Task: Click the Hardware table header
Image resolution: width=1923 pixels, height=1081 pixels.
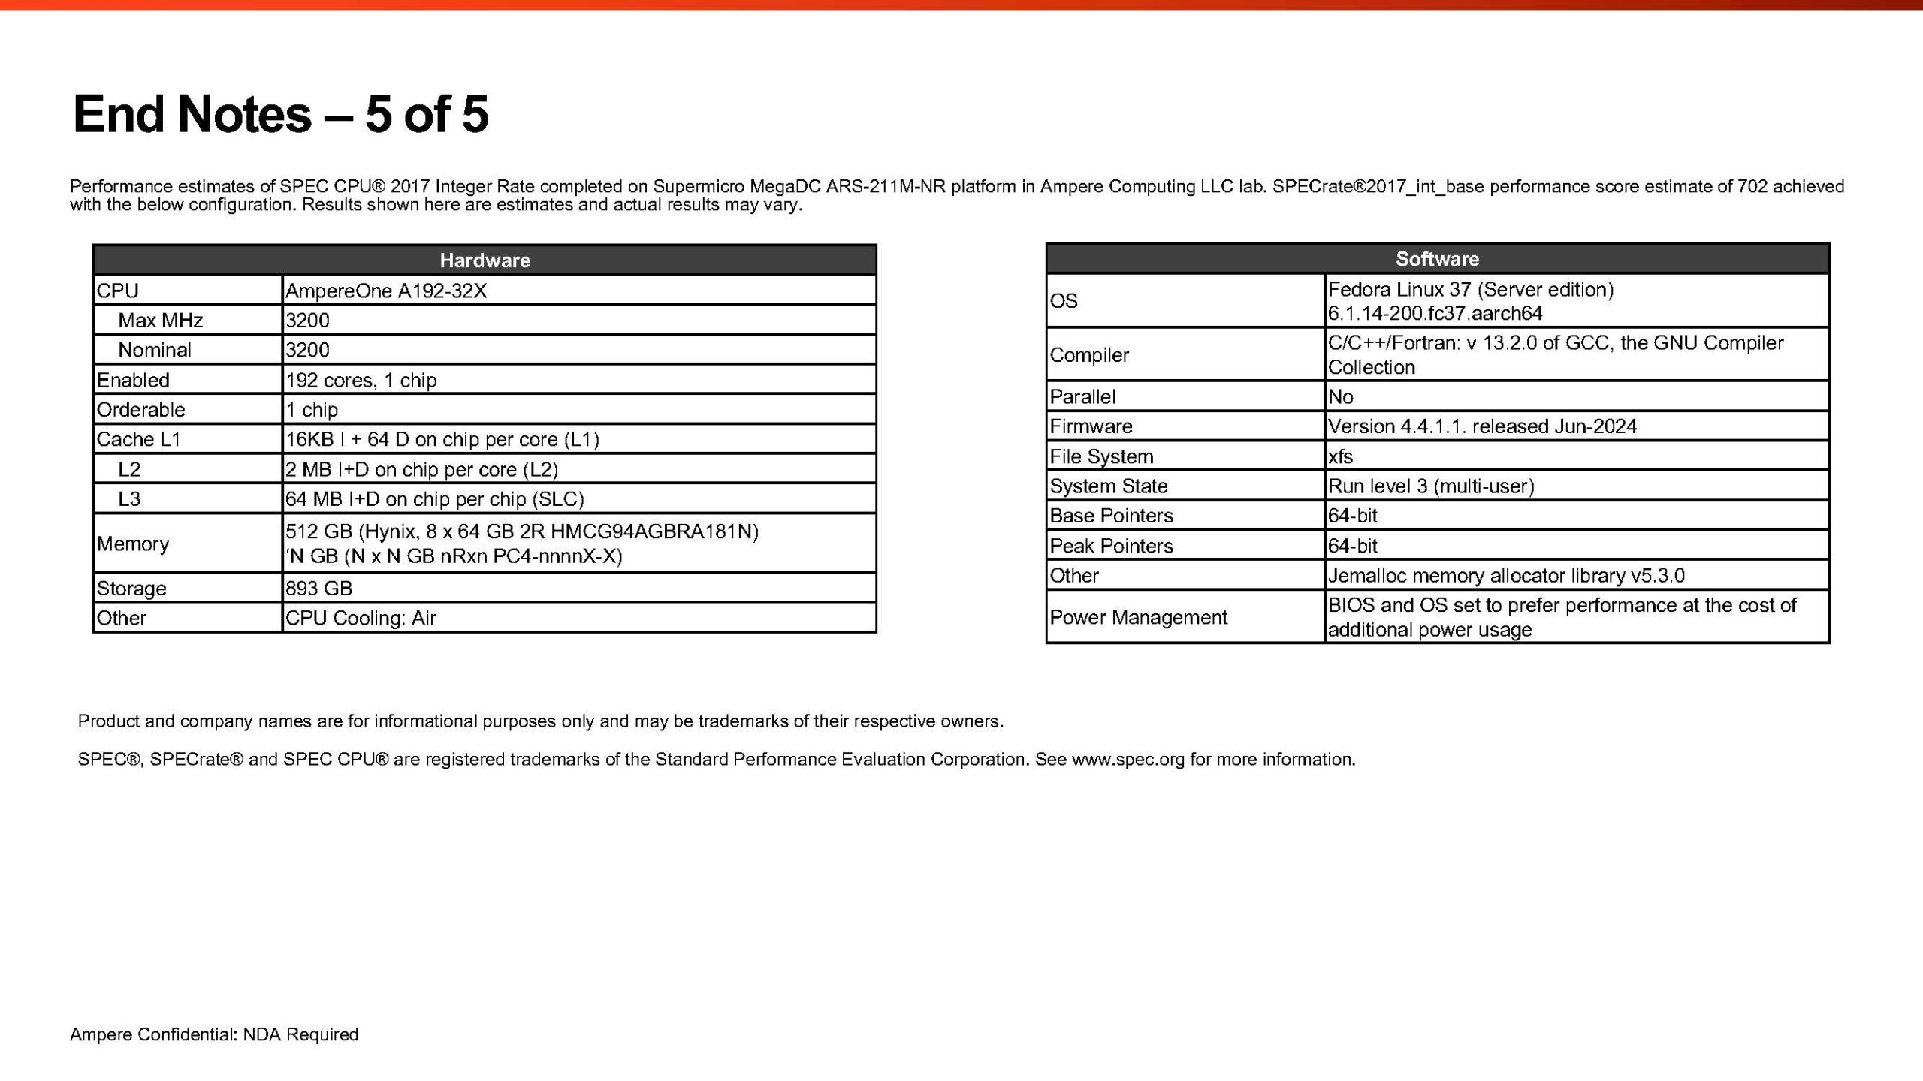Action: point(485,260)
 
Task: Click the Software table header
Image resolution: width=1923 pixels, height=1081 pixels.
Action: point(1437,259)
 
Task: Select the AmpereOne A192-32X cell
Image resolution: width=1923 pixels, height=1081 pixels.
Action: point(386,291)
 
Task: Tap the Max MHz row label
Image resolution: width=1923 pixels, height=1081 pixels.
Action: point(160,321)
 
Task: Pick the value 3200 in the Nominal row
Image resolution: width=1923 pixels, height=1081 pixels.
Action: point(307,350)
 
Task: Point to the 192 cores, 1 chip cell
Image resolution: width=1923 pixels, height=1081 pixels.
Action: point(361,380)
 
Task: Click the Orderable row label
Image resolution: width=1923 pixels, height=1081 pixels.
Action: point(140,410)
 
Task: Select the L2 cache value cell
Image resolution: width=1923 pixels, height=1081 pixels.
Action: point(421,469)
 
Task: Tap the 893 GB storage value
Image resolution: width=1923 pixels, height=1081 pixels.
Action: point(318,588)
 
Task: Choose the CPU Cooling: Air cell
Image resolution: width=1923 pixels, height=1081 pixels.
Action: point(361,618)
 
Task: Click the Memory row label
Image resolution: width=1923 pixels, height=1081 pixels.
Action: point(133,544)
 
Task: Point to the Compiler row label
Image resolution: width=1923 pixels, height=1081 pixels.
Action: point(1088,355)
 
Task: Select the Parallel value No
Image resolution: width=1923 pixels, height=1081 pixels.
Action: point(1340,396)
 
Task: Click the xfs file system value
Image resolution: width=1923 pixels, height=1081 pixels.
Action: point(1340,456)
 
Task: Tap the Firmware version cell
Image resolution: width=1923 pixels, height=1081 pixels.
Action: point(1481,426)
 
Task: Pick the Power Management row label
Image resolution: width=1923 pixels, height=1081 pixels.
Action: point(1137,617)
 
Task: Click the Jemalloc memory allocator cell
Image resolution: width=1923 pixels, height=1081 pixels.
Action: point(1505,576)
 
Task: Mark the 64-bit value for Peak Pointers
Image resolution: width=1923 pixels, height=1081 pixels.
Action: point(1352,546)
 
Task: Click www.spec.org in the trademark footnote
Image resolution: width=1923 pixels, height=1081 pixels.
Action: point(1128,760)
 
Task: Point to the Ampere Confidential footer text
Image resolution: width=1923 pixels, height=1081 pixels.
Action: point(214,1034)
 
